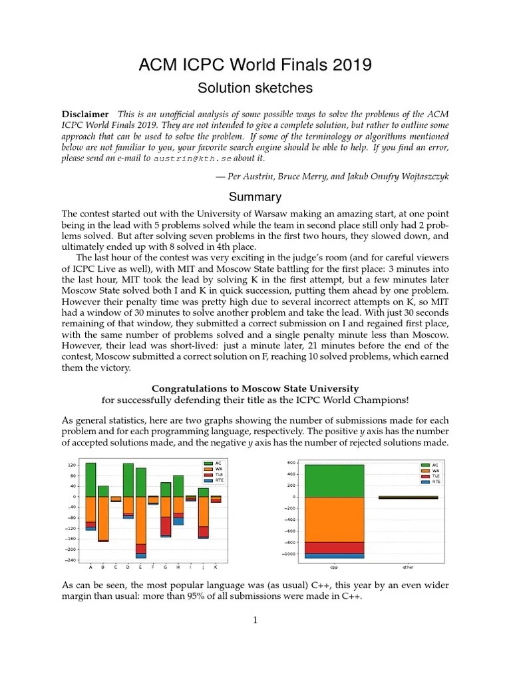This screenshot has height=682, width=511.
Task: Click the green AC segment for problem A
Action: point(90,480)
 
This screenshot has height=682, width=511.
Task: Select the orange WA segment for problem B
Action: point(103,518)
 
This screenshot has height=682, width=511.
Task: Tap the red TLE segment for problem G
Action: point(166,525)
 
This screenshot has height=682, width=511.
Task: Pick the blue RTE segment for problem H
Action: point(178,521)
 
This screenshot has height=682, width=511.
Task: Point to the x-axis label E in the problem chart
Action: point(140,567)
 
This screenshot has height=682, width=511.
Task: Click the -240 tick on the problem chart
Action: point(69,560)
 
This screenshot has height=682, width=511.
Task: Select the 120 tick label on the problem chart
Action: point(71,465)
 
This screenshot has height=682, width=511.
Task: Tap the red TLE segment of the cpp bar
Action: point(334,547)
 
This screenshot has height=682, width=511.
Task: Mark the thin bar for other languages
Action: point(408,497)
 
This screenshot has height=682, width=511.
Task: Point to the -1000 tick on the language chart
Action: point(288,554)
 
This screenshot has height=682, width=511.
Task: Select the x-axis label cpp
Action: point(334,567)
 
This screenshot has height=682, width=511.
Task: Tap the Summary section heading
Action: point(255,197)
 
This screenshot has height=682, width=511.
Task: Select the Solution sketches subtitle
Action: point(255,88)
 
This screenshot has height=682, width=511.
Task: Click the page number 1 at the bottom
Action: point(255,620)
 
